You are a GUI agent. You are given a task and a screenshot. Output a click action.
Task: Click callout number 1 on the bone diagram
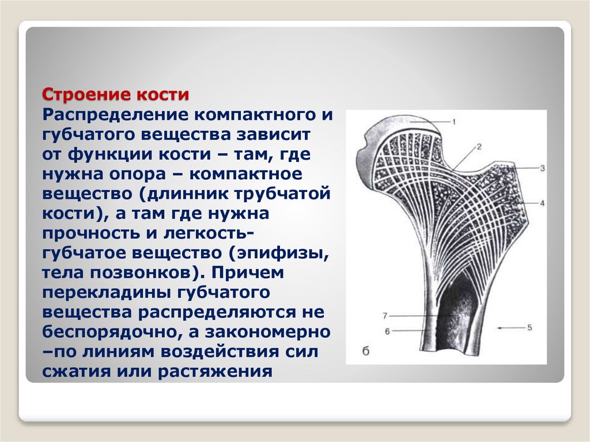(x=453, y=122)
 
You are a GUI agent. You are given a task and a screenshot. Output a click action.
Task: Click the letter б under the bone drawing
(x=365, y=352)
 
